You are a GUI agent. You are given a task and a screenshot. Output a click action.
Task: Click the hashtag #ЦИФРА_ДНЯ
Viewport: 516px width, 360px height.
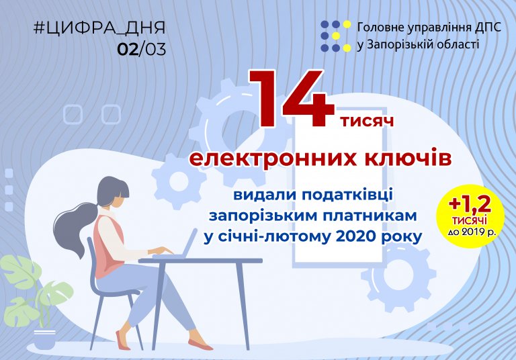tap(99, 28)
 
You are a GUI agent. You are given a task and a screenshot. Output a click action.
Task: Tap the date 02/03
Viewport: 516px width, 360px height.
tap(142, 49)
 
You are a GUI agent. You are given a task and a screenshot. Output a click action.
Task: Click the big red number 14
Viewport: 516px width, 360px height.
tap(292, 98)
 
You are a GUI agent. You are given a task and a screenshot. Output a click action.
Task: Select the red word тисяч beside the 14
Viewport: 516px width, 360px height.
tap(368, 121)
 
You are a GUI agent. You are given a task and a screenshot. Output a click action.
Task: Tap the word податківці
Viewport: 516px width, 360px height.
tap(347, 195)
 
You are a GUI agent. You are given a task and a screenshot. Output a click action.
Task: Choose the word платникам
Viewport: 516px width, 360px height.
tap(370, 216)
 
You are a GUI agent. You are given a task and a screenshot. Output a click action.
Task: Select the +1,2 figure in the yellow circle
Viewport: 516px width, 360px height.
tap(470, 204)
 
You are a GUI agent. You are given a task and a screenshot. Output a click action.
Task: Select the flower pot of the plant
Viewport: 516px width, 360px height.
tap(45, 339)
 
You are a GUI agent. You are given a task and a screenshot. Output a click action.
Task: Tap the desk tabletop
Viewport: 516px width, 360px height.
tap(200, 261)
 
